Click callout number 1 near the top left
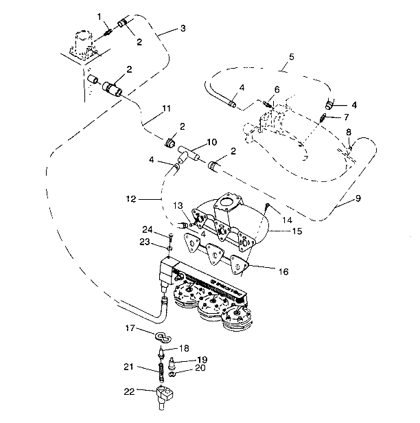coord(100,16)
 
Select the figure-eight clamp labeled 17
coord(162,336)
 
